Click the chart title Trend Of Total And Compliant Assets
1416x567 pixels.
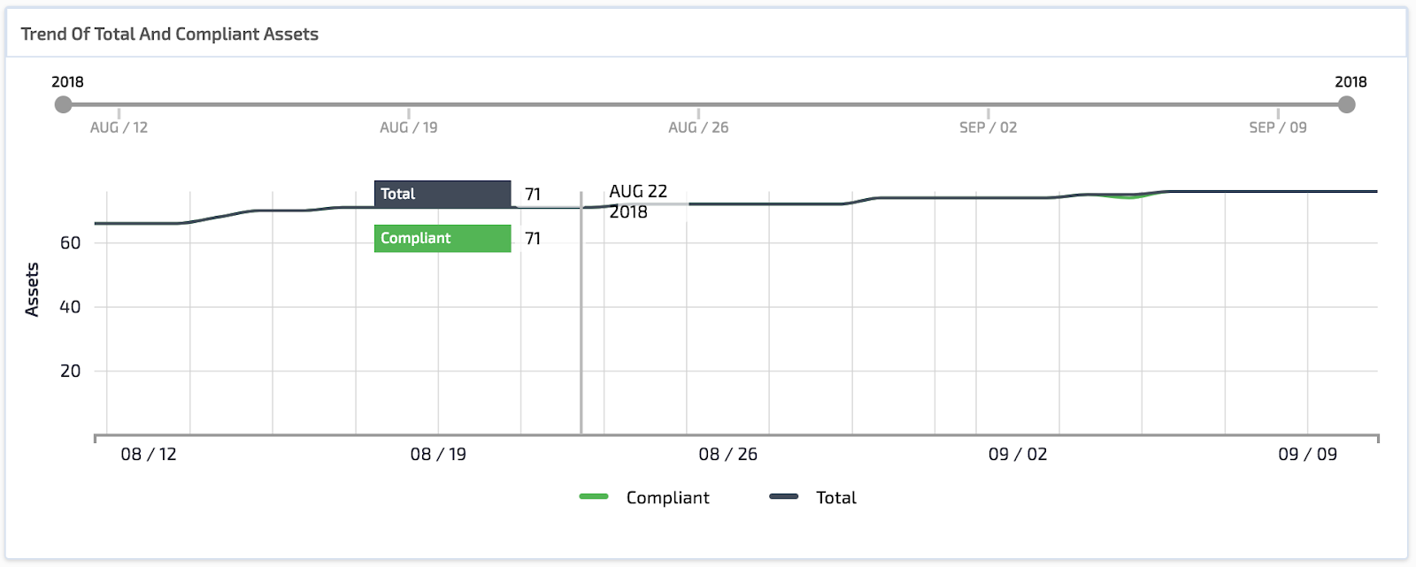click(x=169, y=34)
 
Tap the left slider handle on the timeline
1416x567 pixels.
click(x=63, y=105)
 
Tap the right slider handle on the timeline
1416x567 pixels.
click(x=1346, y=105)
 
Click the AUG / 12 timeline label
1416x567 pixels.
click(x=119, y=127)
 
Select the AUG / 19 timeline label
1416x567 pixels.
click(x=408, y=127)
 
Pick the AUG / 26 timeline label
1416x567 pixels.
click(x=698, y=127)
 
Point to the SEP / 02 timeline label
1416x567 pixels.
click(x=988, y=127)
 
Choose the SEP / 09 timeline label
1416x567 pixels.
click(x=1277, y=127)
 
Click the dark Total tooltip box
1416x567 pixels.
click(x=442, y=194)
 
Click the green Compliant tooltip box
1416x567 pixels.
click(x=442, y=238)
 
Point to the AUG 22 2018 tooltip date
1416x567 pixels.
click(x=637, y=202)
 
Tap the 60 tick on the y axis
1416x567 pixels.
click(x=70, y=243)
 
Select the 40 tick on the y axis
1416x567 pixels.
click(x=70, y=307)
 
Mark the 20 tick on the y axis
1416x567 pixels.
click(x=70, y=372)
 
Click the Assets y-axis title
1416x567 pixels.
click(x=32, y=289)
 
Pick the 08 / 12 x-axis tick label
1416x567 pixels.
click(x=149, y=455)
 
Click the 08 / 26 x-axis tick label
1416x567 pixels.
click(x=727, y=455)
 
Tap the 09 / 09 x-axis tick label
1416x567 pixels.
click(x=1307, y=455)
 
